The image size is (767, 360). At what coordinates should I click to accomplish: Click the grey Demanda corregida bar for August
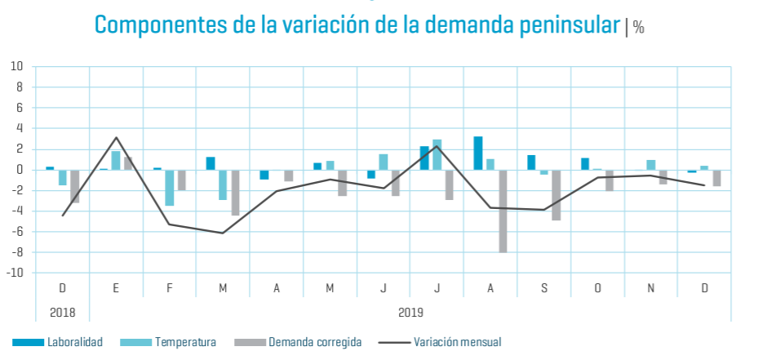point(503,211)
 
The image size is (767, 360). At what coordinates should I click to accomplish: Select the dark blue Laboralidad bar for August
point(478,153)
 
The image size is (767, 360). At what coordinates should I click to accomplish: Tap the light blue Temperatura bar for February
point(170,188)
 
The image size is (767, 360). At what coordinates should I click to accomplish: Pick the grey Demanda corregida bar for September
point(556,195)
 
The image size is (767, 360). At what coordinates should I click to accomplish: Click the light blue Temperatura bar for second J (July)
point(437,155)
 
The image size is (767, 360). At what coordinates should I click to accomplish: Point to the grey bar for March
point(236,193)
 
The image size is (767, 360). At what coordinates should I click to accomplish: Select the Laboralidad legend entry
point(57,342)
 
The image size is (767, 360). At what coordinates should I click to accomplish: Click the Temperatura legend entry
point(168,342)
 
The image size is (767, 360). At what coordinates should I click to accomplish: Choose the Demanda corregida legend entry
point(297,342)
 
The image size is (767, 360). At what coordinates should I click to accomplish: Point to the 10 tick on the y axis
point(17,66)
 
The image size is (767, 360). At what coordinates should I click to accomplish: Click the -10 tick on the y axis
point(16,273)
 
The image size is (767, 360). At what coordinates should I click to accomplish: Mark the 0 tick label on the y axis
point(20,170)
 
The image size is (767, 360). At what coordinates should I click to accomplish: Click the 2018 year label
point(62,312)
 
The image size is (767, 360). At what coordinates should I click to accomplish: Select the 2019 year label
point(410,312)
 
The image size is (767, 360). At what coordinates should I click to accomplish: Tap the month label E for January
point(116,288)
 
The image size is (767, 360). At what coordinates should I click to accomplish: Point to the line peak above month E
point(116,137)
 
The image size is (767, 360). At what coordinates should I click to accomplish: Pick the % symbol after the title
point(638,27)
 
